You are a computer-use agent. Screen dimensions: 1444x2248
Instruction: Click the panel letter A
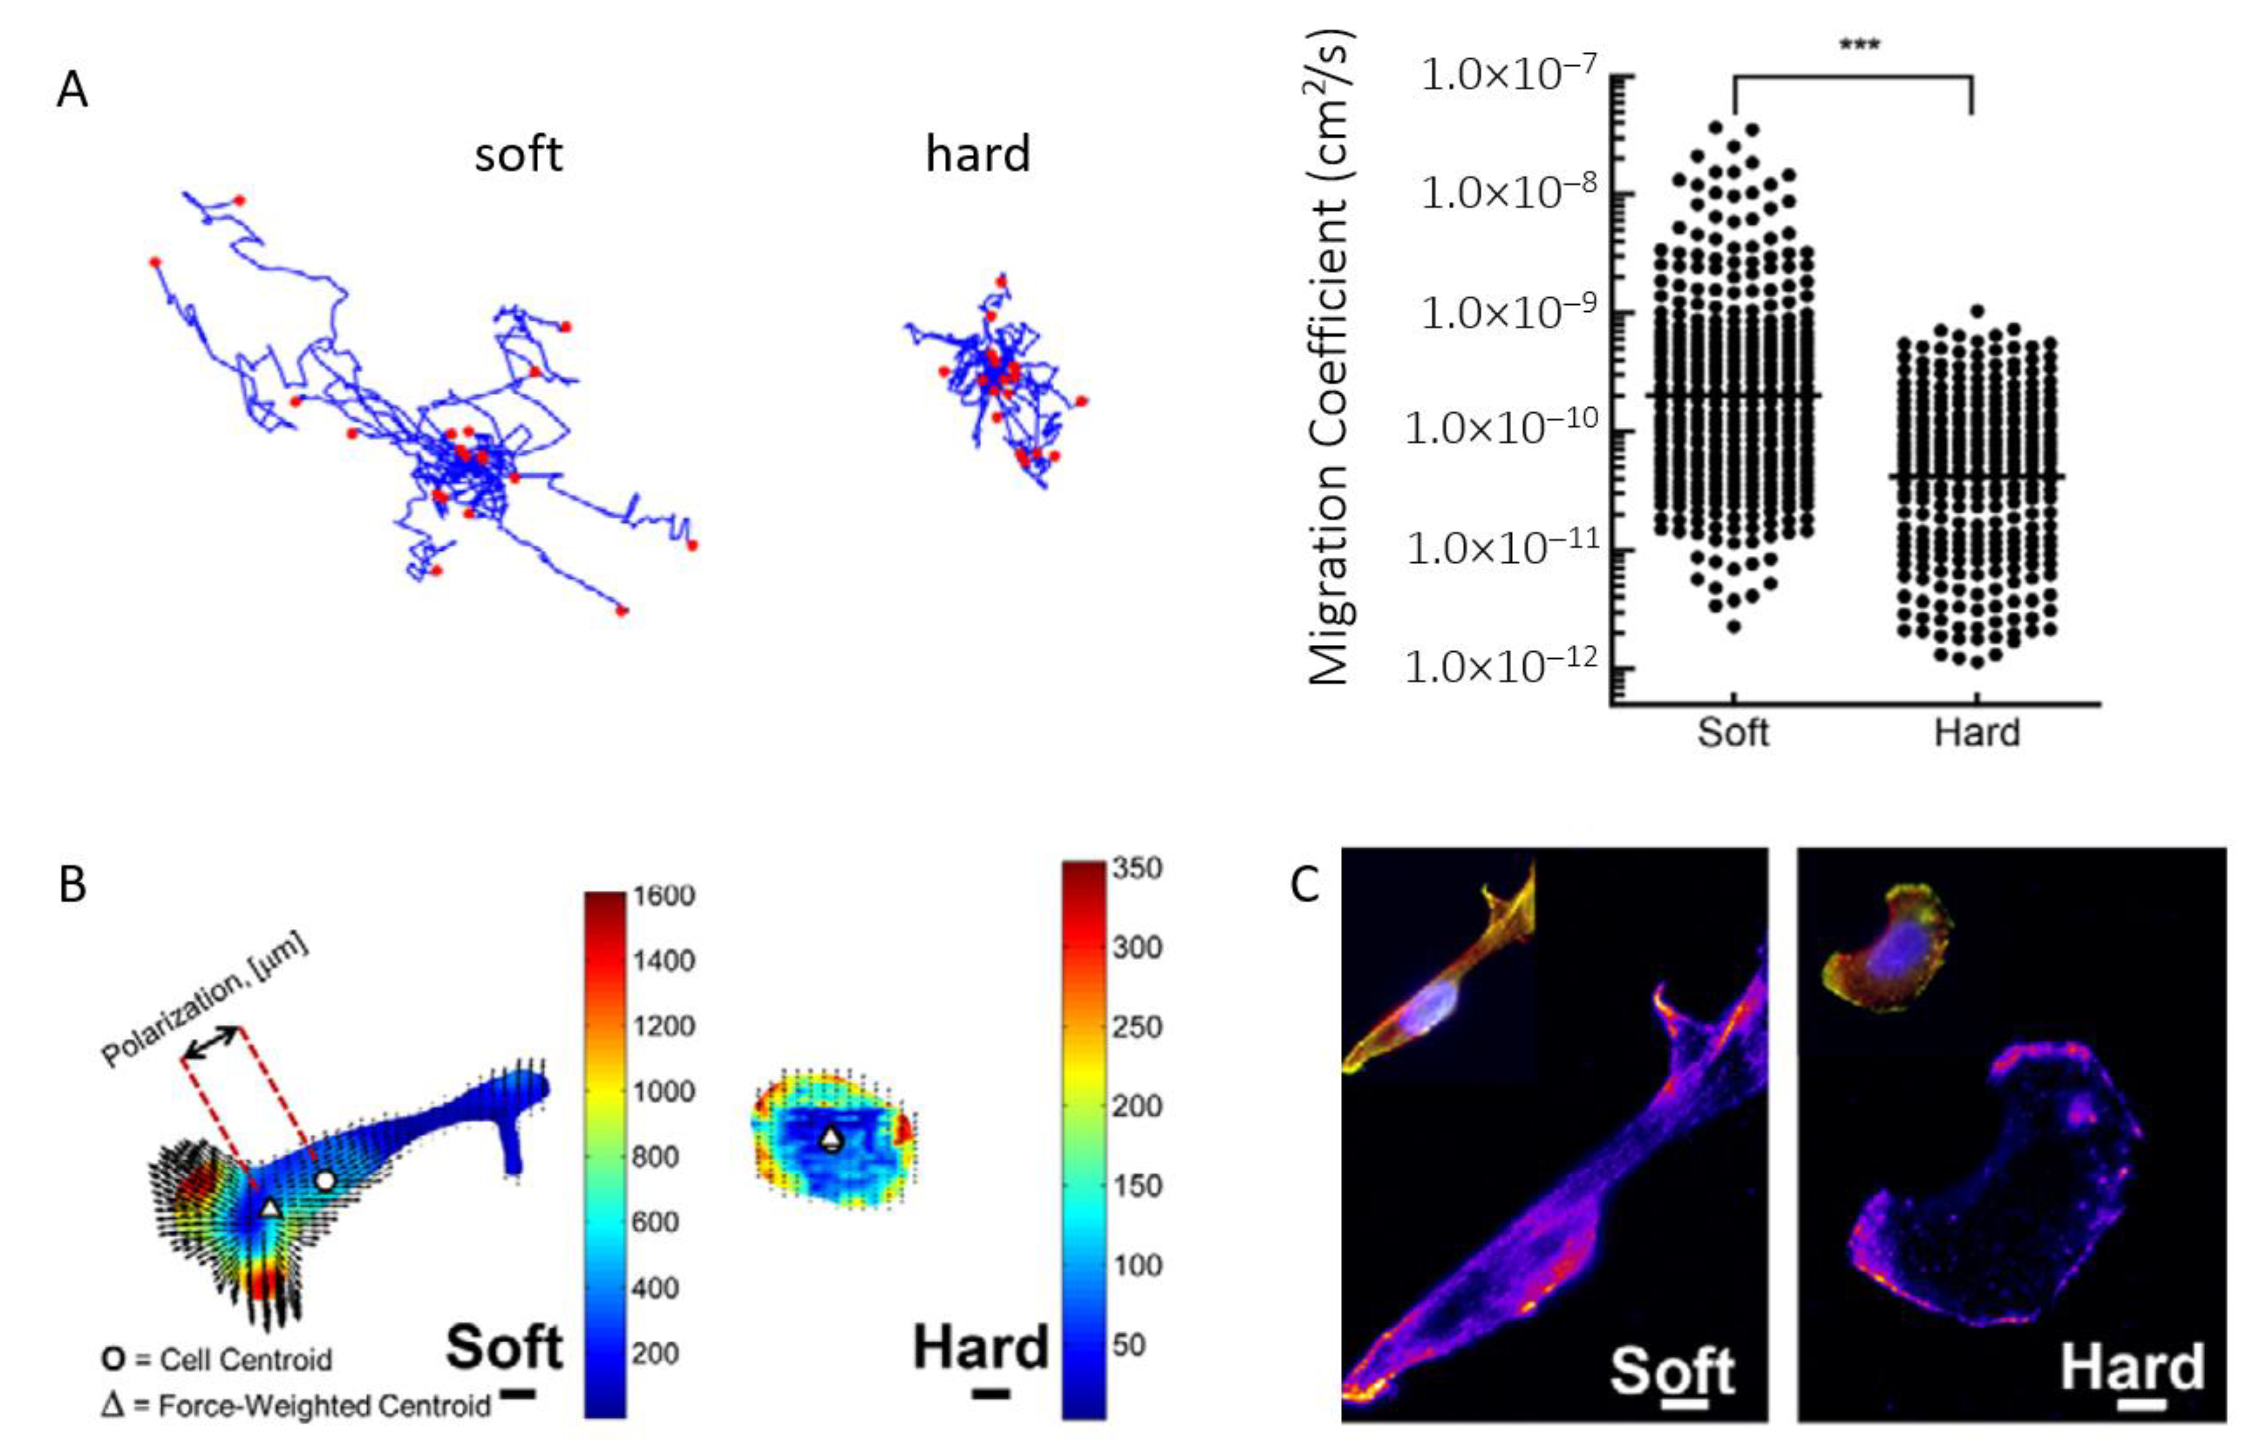tap(72, 92)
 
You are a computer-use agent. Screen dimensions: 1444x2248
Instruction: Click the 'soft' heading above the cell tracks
tap(518, 155)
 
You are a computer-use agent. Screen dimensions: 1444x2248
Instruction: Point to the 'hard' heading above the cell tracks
tap(977, 155)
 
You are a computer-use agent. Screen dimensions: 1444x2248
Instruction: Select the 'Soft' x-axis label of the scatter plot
tap(1732, 732)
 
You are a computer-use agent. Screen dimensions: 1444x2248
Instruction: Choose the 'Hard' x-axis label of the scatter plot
tap(1976, 732)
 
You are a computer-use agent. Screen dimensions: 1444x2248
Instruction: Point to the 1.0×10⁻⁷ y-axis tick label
tap(1501, 75)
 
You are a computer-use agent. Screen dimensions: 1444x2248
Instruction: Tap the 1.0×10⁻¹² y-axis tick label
tap(1501, 667)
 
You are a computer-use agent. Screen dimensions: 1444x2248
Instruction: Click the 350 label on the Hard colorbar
tap(1136, 868)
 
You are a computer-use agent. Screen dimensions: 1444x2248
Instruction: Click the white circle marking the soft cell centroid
tap(325, 1180)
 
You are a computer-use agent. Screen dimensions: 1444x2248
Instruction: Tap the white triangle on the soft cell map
tap(270, 1208)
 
